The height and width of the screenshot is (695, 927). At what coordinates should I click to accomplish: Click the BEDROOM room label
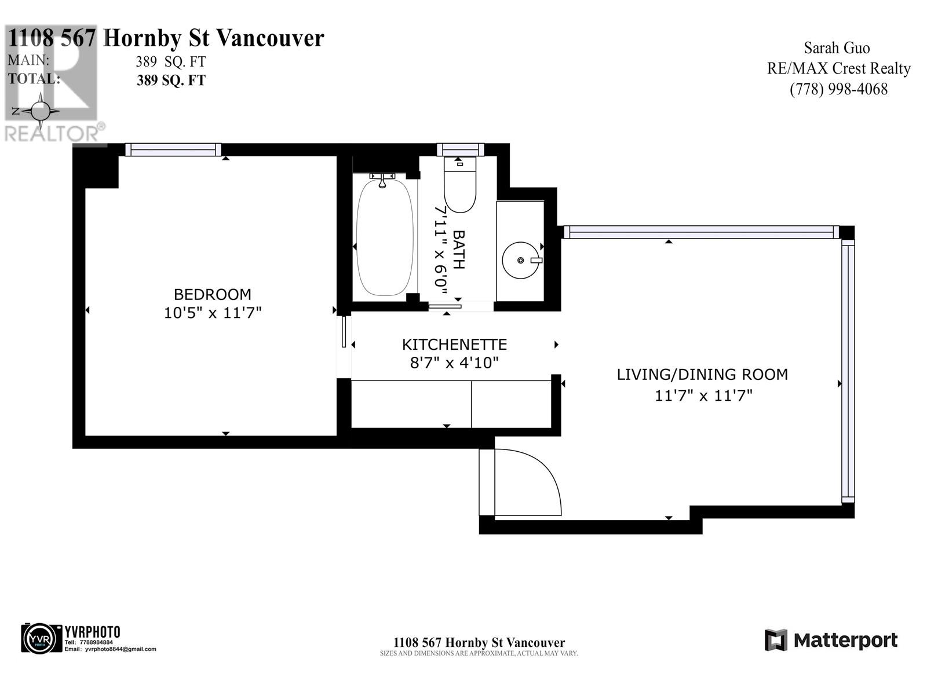click(212, 294)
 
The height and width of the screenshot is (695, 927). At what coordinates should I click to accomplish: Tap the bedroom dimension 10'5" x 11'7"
click(212, 313)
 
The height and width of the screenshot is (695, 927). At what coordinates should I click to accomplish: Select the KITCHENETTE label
click(454, 345)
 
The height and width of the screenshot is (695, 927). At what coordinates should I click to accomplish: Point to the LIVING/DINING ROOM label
click(702, 375)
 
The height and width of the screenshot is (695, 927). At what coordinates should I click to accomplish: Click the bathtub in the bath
click(385, 237)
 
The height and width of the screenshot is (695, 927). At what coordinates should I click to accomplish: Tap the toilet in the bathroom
click(459, 184)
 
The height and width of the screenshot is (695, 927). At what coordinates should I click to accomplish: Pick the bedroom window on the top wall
click(173, 150)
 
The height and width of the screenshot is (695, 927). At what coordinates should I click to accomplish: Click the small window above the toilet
click(460, 149)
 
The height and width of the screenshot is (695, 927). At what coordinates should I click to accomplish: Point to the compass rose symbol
click(41, 111)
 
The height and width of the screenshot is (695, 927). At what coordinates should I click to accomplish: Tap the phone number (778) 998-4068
click(838, 89)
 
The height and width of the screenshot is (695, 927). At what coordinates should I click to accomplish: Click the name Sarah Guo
click(837, 48)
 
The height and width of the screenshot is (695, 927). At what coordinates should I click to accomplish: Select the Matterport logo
click(831, 640)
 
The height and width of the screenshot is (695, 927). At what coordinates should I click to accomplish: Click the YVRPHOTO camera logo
click(41, 638)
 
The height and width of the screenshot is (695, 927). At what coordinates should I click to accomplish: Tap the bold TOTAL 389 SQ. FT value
click(171, 81)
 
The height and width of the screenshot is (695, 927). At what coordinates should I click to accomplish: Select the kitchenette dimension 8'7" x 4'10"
click(454, 363)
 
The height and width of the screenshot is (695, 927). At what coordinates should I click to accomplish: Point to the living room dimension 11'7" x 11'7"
click(703, 396)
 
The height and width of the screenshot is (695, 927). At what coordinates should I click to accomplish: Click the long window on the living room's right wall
click(848, 371)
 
